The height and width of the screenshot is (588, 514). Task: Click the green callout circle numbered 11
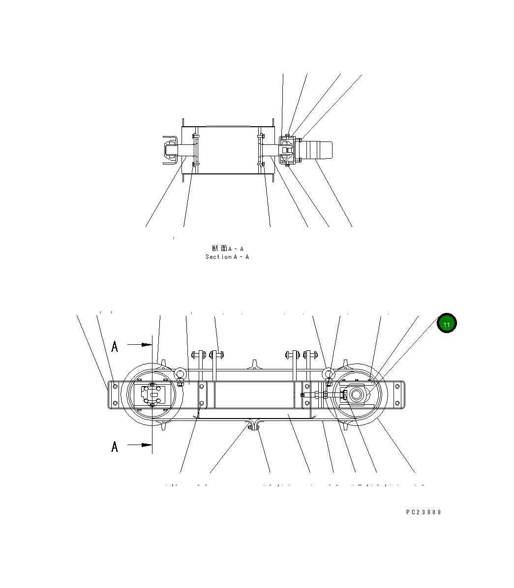click(447, 324)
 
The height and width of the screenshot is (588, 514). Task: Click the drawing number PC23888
click(423, 512)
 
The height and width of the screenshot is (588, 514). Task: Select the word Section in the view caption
click(218, 257)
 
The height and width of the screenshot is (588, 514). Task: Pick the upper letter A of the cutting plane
click(115, 347)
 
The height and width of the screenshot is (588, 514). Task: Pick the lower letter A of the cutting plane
click(115, 447)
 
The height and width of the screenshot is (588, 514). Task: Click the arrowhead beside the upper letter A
click(147, 345)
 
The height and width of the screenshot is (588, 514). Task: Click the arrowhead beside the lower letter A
click(147, 445)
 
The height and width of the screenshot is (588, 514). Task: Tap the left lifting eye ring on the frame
click(180, 374)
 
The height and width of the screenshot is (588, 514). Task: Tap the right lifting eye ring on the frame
click(329, 374)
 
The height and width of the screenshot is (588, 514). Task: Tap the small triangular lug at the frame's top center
click(254, 364)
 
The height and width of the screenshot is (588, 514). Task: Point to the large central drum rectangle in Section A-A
click(227, 149)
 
